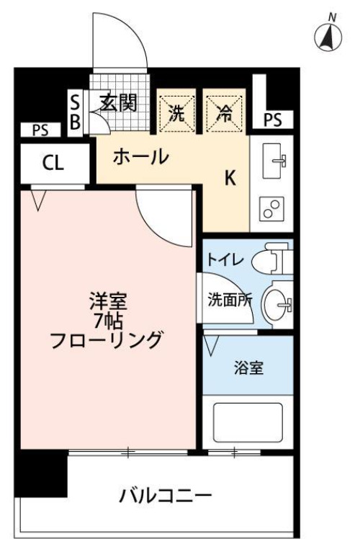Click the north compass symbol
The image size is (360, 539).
coord(330,36)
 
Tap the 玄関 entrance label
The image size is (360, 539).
coord(118,103)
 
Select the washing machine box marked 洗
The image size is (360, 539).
coord(176,112)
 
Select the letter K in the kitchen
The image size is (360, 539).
coord(230,179)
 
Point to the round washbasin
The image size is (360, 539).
coord(276,303)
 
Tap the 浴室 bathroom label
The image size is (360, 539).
coord(248,367)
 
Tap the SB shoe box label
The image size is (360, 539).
coord(75,112)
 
